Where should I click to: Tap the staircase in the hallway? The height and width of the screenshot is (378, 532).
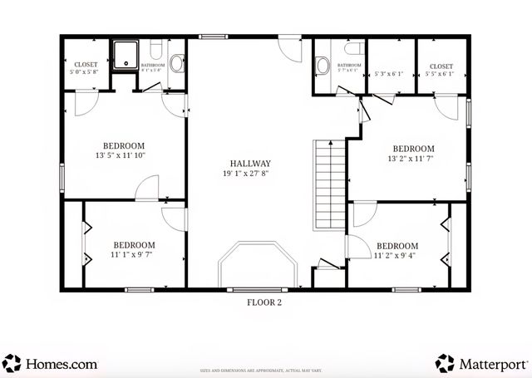tap(328, 185)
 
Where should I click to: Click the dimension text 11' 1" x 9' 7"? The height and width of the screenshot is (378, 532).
tap(135, 255)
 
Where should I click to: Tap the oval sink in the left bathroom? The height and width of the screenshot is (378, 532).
tap(177, 63)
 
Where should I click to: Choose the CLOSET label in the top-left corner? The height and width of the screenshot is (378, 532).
tap(86, 64)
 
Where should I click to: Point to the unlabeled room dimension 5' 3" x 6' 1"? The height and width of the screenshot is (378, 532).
tap(389, 74)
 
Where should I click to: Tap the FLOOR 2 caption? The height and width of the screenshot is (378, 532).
tap(264, 302)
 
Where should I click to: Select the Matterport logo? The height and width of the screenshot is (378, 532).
tap(481, 363)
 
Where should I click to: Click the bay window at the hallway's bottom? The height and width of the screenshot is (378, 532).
tap(257, 266)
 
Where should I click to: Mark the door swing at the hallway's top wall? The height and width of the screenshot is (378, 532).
tap(289, 47)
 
